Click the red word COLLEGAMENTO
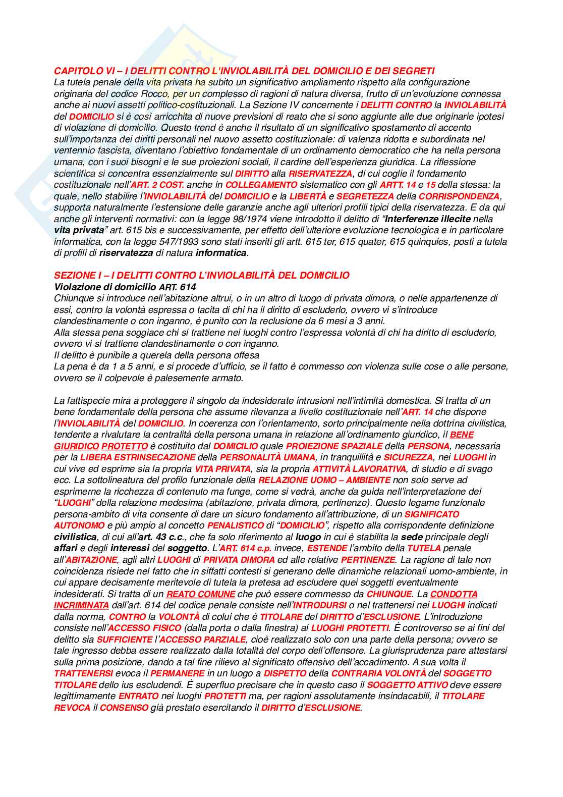pyautogui.click(x=261, y=185)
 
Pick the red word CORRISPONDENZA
pyautogui.click(x=459, y=196)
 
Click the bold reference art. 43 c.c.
pyautogui.click(x=149, y=537)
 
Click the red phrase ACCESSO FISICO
pyautogui.click(x=144, y=628)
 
